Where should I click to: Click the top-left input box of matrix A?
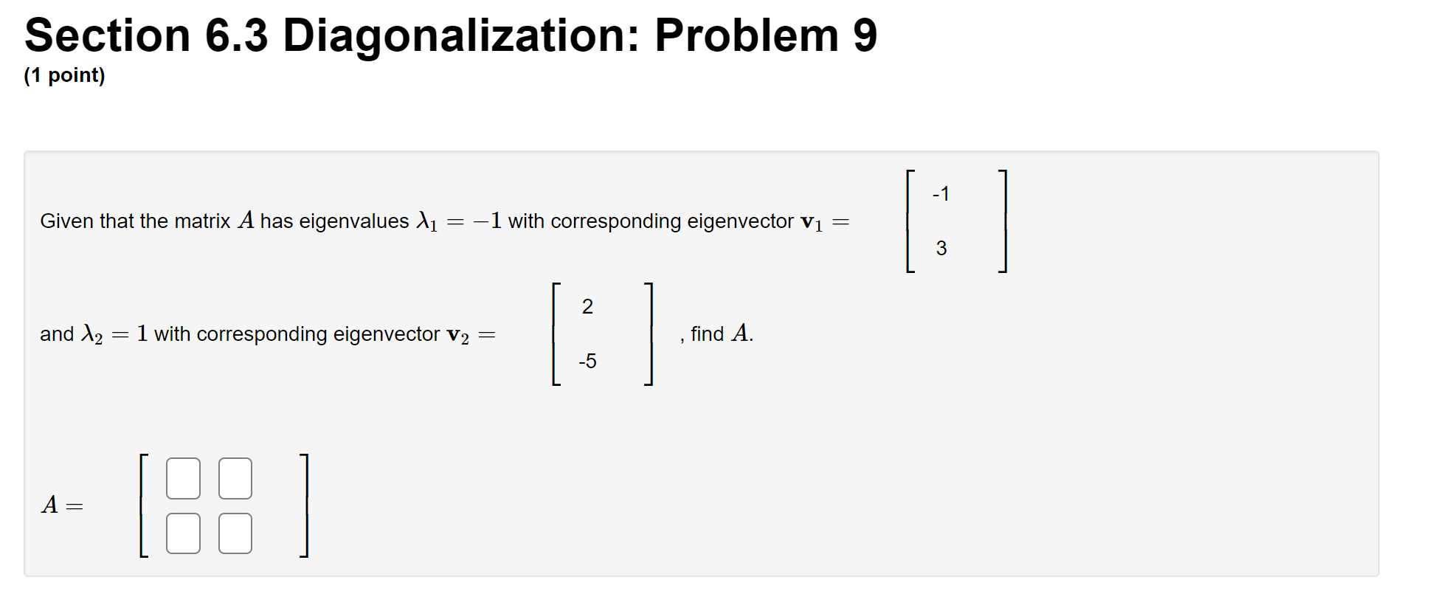click(x=183, y=478)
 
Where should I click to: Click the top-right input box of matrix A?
click(x=235, y=478)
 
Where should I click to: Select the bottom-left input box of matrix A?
click(x=183, y=533)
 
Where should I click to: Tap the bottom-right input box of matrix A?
click(x=235, y=533)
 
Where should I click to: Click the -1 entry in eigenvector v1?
click(x=941, y=194)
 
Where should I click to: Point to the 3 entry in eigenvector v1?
click(x=941, y=249)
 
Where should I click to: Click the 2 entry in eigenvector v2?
click(x=587, y=307)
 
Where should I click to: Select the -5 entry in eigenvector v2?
click(x=587, y=362)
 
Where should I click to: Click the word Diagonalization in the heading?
click(x=462, y=35)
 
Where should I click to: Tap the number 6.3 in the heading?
click(x=236, y=35)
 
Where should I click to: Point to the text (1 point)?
click(x=65, y=75)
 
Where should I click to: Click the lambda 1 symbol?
click(x=426, y=221)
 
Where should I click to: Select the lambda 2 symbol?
click(x=91, y=334)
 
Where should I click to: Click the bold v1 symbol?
click(x=811, y=222)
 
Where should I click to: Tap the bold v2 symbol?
click(x=457, y=335)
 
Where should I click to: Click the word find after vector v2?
click(x=707, y=334)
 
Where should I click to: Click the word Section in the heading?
click(x=108, y=35)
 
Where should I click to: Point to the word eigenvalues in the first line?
click(x=353, y=221)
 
